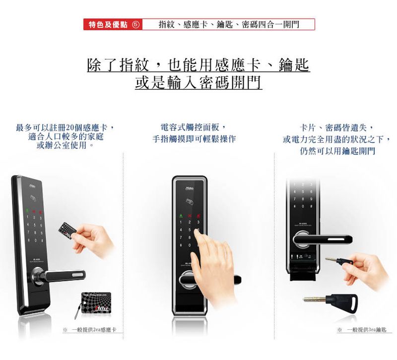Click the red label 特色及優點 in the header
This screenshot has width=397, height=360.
click(108, 24)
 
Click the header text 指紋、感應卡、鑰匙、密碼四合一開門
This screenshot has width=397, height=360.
click(228, 24)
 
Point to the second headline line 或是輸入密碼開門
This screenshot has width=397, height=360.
click(198, 82)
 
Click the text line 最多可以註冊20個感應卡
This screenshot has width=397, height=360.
click(68, 127)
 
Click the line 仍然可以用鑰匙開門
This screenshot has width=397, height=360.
click(337, 151)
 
